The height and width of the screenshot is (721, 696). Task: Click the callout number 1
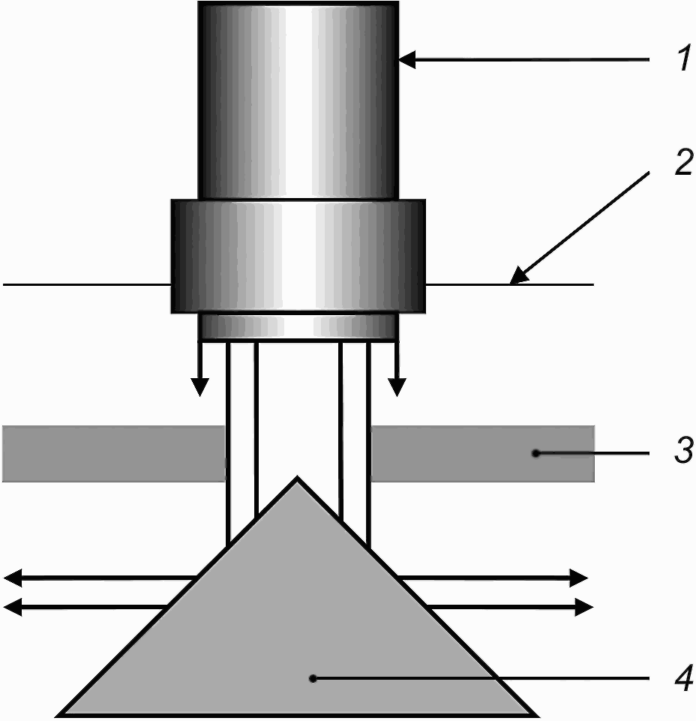682,59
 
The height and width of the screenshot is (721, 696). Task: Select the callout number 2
682,164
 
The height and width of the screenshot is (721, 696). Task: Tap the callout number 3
682,452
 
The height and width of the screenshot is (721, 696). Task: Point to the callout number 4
682,678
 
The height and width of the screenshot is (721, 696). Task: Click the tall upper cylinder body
298,101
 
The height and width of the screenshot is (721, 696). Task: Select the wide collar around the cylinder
298,255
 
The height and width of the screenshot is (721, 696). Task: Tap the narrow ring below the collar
298,327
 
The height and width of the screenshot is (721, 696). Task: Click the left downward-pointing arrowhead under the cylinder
199,386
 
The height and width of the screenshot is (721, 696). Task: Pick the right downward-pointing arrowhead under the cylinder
397,386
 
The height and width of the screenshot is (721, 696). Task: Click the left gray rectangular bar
112,453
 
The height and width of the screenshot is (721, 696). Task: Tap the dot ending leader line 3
535,452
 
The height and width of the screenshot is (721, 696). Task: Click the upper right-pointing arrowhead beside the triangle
579,578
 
